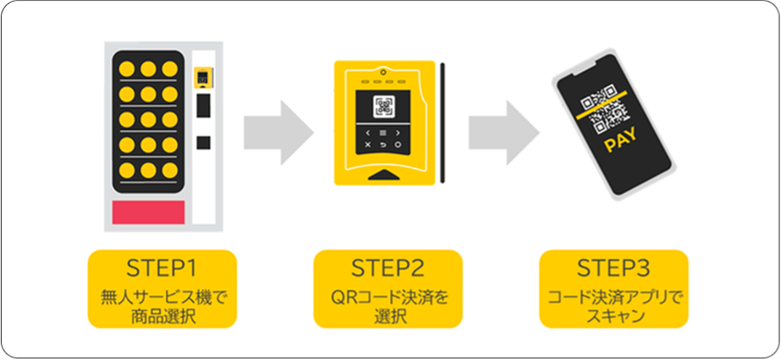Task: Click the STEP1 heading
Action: (x=162, y=269)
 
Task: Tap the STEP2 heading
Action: (x=388, y=269)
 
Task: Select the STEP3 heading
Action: (x=614, y=269)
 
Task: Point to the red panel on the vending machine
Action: (x=148, y=212)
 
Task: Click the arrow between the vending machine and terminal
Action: (x=279, y=133)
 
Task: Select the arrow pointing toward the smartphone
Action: (x=504, y=133)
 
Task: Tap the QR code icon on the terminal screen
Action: (x=383, y=106)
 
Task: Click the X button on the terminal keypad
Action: (x=368, y=145)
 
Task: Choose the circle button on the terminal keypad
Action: (x=398, y=145)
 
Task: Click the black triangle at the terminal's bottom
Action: (x=383, y=175)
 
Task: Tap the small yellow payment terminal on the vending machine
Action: (x=203, y=77)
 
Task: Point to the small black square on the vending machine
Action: (x=203, y=142)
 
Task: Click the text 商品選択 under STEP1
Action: (x=162, y=317)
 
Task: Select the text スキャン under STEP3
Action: (x=614, y=317)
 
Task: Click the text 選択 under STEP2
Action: (x=388, y=317)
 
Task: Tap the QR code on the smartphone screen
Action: (x=604, y=108)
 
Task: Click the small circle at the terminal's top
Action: (x=383, y=70)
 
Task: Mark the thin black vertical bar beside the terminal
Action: (x=442, y=123)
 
